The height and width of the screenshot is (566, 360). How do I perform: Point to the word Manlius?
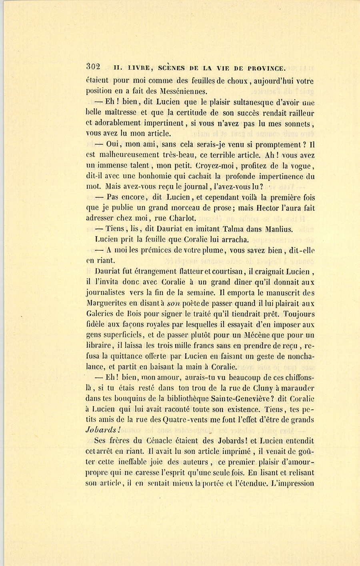point(279,229)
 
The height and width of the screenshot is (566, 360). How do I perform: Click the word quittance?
point(126,356)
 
